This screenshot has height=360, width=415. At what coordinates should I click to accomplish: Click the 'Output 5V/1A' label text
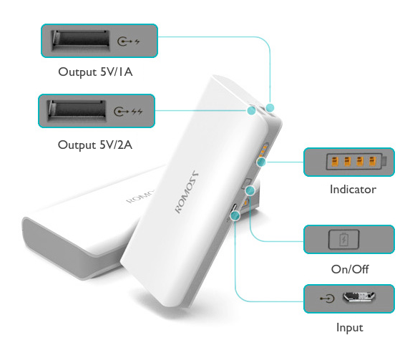95,72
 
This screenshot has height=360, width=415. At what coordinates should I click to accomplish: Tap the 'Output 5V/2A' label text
95,145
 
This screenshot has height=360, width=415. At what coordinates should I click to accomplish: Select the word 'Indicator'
353,189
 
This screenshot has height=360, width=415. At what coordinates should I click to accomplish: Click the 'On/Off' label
350,269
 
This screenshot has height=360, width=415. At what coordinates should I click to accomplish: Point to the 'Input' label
350,328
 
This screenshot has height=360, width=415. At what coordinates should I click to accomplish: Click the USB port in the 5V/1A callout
81,40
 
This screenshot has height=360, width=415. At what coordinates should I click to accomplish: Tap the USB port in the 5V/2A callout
77,111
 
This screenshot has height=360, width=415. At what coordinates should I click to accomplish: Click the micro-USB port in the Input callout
359,297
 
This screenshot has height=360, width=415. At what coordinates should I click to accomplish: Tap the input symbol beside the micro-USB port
327,298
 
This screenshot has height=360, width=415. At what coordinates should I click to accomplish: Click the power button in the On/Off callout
343,239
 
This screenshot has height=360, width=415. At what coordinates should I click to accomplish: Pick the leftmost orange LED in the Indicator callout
335,161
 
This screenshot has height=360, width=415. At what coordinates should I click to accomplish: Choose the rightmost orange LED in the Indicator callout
372,161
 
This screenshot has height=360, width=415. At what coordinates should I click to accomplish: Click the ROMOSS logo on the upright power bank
186,192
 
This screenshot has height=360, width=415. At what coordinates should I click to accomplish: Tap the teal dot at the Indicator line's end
261,162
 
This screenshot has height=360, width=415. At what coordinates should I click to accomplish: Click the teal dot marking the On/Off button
250,190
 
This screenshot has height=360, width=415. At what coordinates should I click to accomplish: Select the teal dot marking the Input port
235,215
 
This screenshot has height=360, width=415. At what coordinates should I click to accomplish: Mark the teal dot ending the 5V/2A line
251,110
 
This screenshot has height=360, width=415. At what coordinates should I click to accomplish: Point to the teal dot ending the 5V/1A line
270,108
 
